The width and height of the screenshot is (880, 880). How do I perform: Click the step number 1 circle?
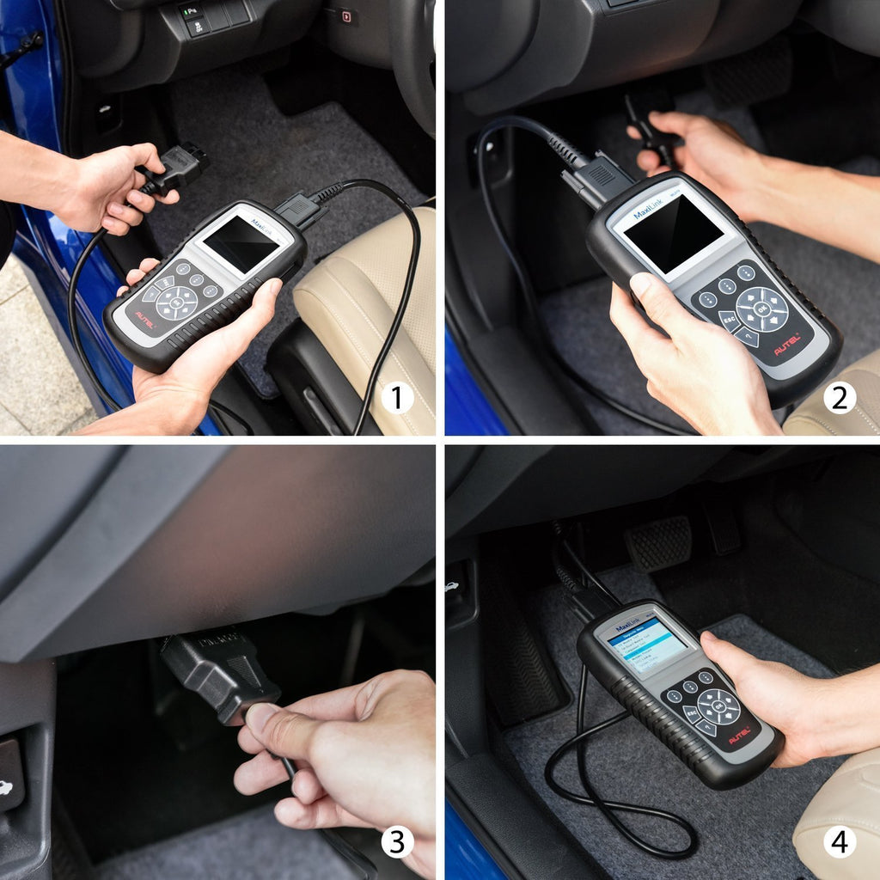point(396,398)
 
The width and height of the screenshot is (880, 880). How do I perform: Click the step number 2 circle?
point(839,398)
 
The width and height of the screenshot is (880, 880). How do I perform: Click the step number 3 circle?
point(396,841)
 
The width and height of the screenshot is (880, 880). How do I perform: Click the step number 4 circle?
point(839,841)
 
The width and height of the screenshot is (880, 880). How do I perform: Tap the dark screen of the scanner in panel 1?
point(241,244)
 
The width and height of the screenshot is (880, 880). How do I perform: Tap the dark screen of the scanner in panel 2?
point(673,233)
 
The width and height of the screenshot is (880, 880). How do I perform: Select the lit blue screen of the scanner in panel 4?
point(646,644)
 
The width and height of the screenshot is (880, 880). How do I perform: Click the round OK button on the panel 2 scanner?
point(761,309)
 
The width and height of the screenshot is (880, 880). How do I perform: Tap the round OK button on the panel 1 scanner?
point(176,302)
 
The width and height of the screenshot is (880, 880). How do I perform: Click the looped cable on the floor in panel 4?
point(619,808)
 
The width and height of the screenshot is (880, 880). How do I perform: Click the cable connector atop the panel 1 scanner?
point(297,208)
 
